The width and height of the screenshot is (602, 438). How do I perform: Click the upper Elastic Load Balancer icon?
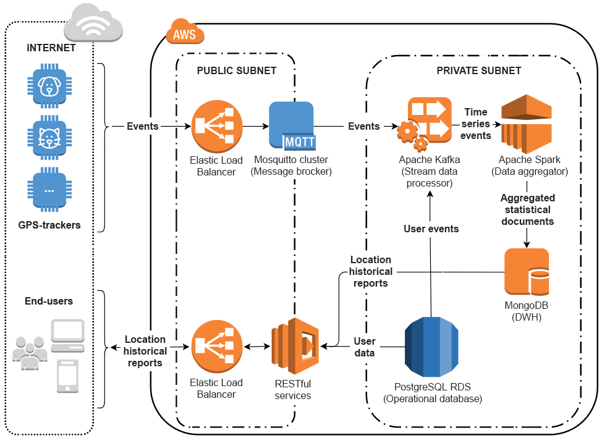[216, 126]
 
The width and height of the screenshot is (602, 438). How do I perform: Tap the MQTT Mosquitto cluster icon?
[292, 126]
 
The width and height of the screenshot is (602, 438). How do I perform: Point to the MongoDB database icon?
[527, 272]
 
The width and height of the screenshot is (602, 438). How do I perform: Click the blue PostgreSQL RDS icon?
[433, 347]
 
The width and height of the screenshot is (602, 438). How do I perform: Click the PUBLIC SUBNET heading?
[237, 70]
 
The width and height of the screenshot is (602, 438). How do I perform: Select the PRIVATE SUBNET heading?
[478, 70]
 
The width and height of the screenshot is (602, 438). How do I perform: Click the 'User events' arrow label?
[431, 229]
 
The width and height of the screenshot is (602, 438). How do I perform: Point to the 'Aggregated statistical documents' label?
[527, 209]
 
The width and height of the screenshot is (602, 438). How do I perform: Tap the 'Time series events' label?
[475, 124]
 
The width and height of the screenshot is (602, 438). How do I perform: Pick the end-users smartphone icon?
[67, 376]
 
